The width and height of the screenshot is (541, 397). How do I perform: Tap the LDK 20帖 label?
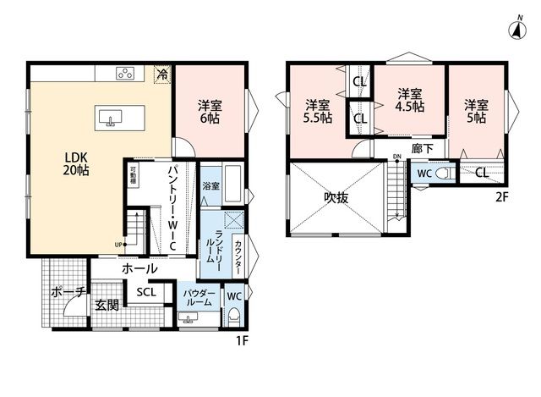76,163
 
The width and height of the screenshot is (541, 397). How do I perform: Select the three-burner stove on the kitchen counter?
125,74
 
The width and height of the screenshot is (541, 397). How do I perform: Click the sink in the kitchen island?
111,118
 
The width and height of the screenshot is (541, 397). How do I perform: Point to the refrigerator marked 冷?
162,74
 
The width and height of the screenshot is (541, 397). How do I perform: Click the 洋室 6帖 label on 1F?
210,112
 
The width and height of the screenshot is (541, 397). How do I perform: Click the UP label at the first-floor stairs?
118,245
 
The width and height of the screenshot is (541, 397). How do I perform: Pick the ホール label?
139,268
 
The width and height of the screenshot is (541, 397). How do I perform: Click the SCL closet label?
146,292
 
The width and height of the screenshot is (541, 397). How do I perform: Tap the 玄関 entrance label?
107,305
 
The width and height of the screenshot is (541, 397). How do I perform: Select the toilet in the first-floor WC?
235,317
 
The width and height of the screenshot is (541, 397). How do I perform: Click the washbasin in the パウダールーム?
188,317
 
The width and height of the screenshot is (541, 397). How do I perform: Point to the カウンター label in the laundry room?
238,255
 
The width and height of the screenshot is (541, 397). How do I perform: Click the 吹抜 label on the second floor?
336,197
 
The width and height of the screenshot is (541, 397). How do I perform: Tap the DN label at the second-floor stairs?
397,157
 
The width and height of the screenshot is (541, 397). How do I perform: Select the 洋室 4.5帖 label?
410,100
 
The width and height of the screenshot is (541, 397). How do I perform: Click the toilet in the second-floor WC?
445,173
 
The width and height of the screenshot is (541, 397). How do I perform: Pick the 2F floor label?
502,197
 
